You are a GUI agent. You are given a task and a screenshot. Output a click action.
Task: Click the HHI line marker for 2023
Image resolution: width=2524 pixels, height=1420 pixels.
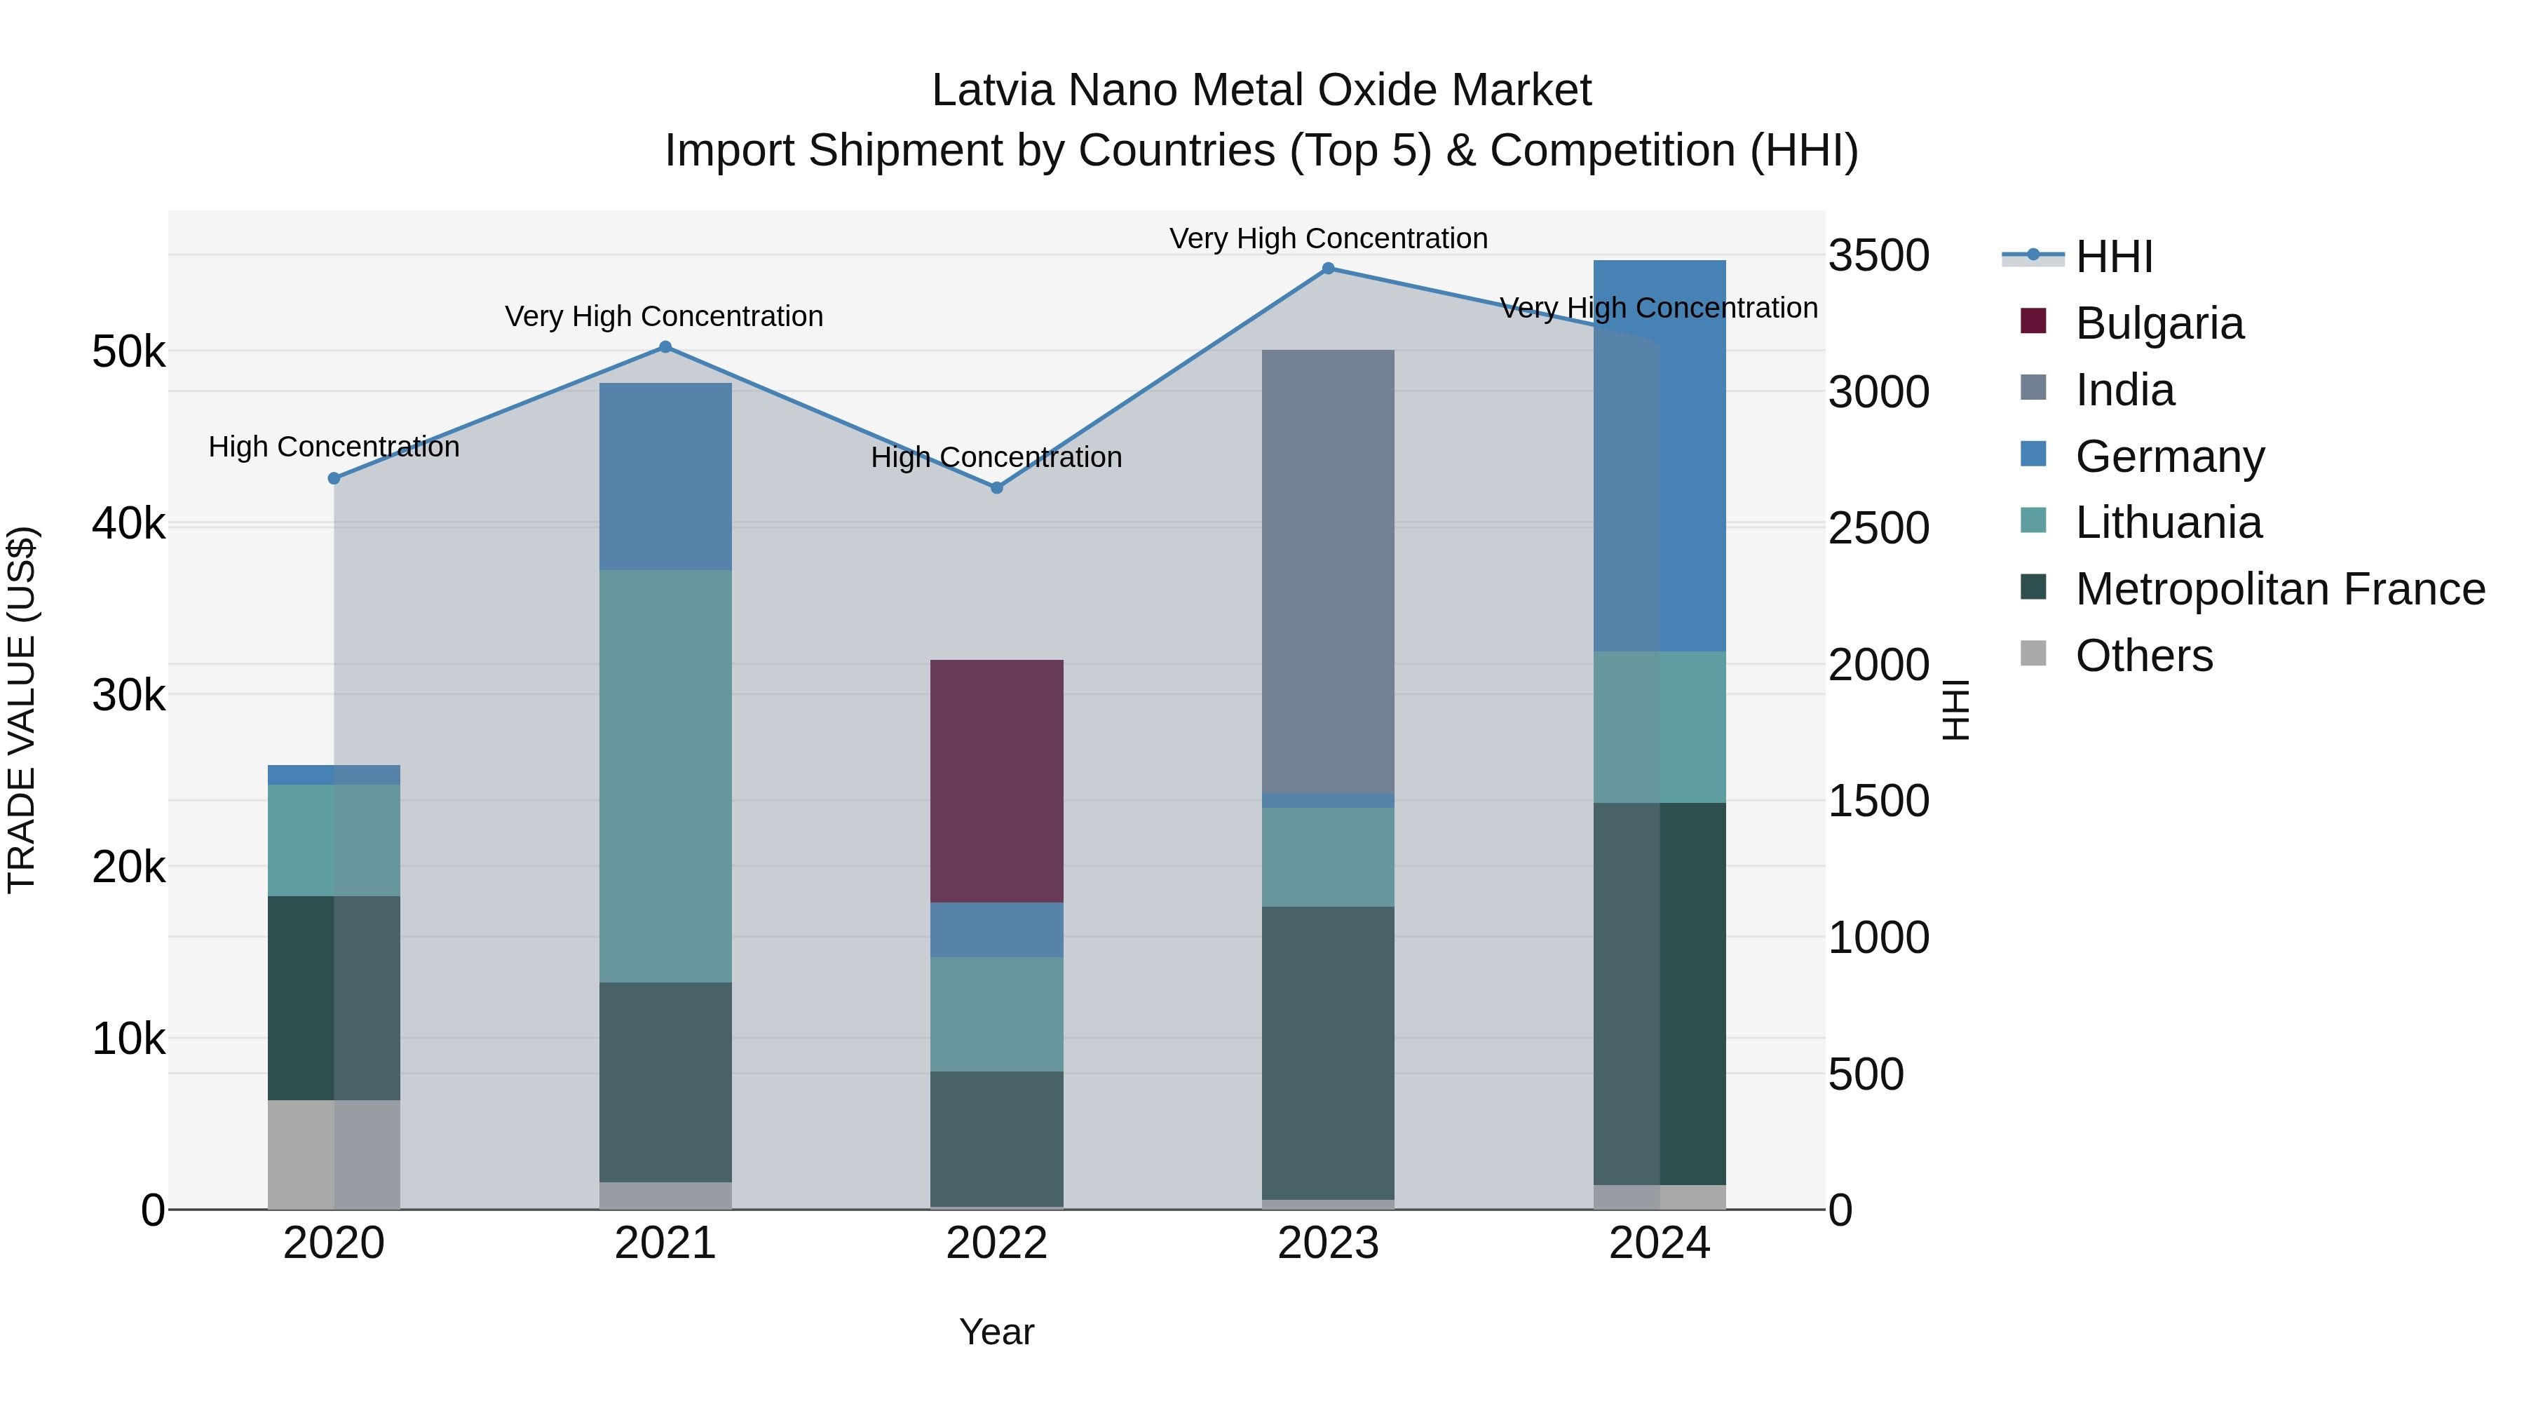(x=1328, y=269)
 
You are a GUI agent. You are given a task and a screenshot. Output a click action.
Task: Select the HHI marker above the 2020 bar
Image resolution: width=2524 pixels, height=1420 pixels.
(x=334, y=478)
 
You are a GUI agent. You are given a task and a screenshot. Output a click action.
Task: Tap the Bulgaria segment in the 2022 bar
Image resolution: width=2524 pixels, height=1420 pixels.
(x=996, y=781)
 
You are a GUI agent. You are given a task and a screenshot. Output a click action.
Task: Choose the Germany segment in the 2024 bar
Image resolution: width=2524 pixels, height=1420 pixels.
(x=1659, y=456)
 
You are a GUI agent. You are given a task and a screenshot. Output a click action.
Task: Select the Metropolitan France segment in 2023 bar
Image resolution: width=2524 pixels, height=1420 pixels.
(x=1328, y=1053)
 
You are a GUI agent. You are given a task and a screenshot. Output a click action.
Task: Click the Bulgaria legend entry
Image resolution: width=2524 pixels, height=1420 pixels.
(x=2159, y=323)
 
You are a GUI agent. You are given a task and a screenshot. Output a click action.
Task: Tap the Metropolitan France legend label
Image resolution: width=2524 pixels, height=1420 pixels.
(x=2280, y=589)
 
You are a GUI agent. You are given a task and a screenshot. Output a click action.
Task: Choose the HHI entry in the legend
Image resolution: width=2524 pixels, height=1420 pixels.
(x=2113, y=257)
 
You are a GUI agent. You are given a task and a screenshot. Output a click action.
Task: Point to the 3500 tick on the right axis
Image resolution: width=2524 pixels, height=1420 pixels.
(x=1878, y=256)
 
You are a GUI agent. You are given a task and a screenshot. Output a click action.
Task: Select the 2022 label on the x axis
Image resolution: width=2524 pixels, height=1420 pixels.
(x=996, y=1243)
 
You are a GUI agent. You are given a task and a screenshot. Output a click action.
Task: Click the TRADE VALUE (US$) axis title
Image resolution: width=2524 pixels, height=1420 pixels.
(x=22, y=710)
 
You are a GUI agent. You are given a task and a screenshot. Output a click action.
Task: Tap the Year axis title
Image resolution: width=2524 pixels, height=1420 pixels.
(x=996, y=1332)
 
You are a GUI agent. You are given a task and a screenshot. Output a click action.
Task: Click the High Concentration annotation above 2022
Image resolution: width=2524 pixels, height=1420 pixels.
(x=996, y=458)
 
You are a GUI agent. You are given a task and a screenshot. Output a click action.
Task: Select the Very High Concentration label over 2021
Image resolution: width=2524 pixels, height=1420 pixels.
(x=665, y=316)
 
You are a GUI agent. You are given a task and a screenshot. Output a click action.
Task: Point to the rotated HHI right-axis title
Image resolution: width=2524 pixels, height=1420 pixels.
(x=1955, y=710)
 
